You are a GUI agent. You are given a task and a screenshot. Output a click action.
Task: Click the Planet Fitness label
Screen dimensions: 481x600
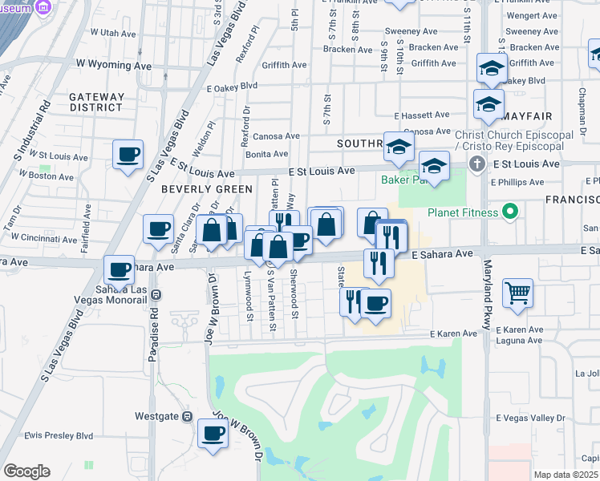(464, 212)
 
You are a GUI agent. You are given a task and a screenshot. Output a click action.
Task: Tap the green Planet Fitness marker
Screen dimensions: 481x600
(509, 212)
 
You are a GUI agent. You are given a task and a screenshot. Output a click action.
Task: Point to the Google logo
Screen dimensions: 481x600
(26, 471)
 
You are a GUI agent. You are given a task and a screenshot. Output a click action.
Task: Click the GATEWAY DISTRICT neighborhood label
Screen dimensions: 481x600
(96, 102)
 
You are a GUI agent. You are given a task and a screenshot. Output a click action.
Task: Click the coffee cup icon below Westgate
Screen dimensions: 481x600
(214, 434)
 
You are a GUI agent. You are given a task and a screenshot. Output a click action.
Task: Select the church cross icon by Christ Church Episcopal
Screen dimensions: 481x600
(477, 164)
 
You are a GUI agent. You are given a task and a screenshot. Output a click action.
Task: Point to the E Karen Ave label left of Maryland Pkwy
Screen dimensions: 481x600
(454, 333)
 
